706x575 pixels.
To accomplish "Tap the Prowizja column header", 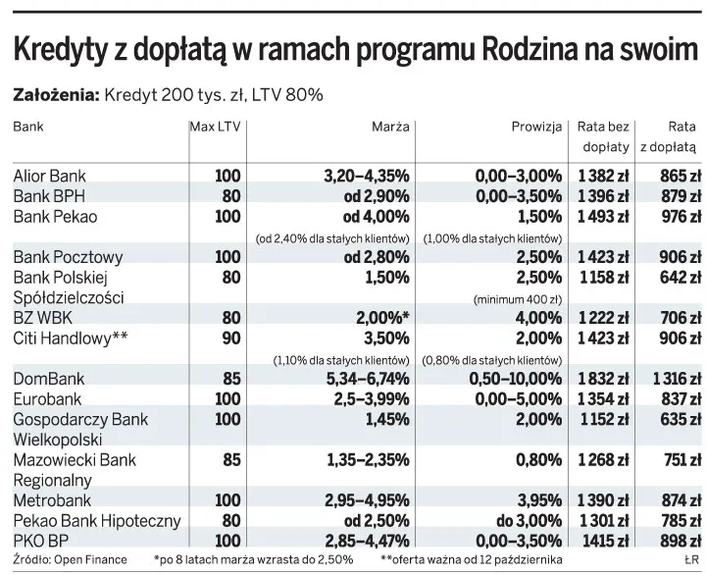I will click(536, 127).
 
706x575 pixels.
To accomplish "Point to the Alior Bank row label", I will click(49, 176).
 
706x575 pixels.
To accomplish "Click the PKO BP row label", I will click(40, 540).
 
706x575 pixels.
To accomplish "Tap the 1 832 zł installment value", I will click(601, 379).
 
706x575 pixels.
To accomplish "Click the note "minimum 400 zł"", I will click(517, 298).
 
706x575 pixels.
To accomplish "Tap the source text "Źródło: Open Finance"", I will click(70, 560).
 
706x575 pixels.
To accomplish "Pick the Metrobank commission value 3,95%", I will click(535, 500).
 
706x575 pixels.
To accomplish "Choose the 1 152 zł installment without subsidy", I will click(601, 418).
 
